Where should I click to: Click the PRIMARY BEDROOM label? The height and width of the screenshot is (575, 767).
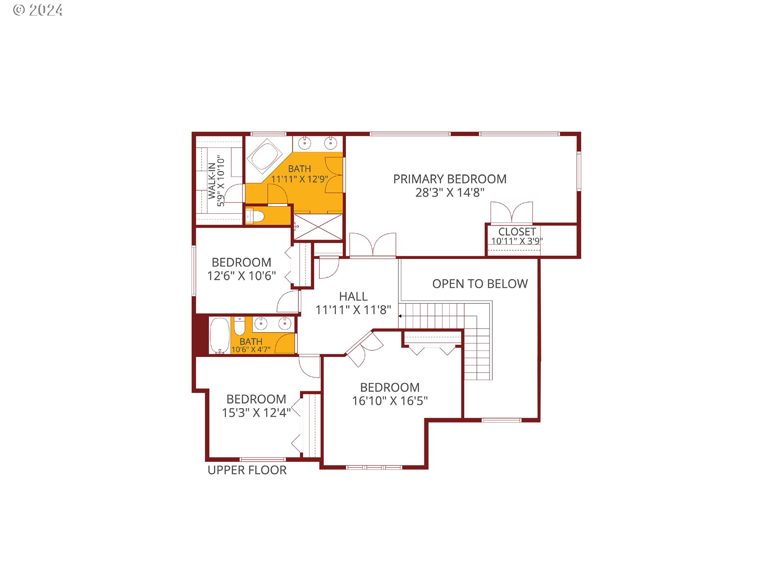tap(449, 179)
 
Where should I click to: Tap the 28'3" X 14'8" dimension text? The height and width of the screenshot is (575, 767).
tap(449, 192)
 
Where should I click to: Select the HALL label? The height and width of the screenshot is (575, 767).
tap(353, 296)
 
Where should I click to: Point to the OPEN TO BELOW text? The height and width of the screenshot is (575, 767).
tap(480, 284)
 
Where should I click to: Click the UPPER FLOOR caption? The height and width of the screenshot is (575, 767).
tap(247, 470)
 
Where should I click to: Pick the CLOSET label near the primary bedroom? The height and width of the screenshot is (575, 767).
tap(517, 232)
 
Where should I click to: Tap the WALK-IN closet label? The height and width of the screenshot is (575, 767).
tap(212, 181)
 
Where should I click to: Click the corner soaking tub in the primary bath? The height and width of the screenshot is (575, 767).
tap(264, 156)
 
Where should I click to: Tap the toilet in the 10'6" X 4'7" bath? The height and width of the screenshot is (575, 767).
tap(239, 326)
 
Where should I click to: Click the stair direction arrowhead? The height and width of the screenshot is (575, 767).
tap(400, 316)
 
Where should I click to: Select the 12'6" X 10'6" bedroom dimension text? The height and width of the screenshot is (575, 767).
tap(241, 276)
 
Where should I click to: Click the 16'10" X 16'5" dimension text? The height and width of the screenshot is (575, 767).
tap(389, 401)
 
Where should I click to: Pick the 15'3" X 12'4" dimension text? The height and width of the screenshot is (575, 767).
tap(256, 412)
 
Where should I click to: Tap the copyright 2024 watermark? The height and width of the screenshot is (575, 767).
tap(38, 10)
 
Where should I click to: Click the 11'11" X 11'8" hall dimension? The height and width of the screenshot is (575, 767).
tap(353, 310)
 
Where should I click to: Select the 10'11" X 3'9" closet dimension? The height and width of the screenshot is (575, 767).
tap(517, 241)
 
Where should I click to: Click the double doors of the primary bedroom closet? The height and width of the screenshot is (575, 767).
tap(511, 212)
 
